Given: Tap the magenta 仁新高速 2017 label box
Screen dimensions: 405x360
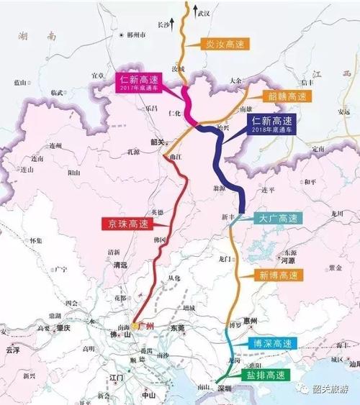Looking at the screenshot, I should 138,81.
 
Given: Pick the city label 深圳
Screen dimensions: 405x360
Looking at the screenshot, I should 225,389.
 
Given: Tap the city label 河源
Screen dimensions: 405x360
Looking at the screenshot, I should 289,263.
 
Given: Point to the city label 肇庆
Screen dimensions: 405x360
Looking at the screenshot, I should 63,328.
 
